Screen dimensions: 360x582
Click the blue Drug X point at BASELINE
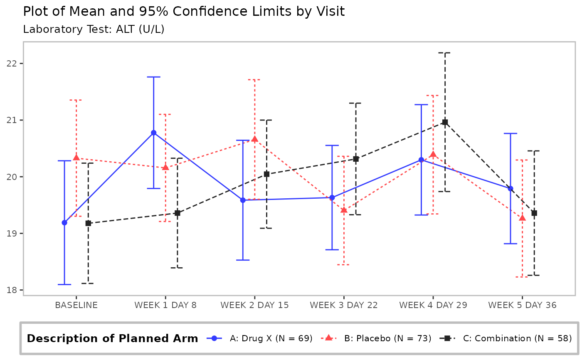pos(64,222)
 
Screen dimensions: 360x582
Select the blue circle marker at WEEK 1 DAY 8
pos(153,133)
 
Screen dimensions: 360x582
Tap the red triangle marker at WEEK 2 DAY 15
pos(254,139)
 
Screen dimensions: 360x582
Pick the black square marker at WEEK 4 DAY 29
pos(445,122)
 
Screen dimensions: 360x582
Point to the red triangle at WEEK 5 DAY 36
pos(522,218)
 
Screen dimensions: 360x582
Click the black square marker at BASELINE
pos(88,223)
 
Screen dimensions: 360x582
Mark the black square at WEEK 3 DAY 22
pos(356,159)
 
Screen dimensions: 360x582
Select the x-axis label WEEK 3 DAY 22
pos(344,305)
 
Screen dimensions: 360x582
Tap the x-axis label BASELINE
pos(76,305)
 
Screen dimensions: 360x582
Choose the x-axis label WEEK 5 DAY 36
pos(522,305)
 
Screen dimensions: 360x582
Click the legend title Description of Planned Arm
pos(112,338)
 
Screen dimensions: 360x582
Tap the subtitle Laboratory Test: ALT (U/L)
pos(94,30)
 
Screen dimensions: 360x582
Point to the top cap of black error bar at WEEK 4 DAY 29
pos(445,53)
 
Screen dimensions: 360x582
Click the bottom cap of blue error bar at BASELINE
pos(64,284)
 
